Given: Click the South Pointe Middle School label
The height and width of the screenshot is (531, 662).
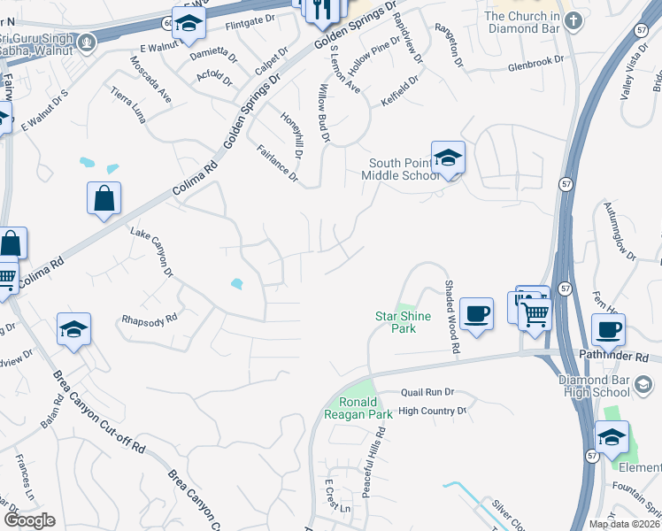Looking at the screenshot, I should coord(404,169).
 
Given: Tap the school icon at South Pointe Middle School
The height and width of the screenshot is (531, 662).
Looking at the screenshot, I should coord(448,158).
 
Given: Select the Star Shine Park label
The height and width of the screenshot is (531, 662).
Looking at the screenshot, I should coord(403,322).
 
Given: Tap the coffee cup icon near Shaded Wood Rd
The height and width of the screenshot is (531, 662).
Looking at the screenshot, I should coord(476,313).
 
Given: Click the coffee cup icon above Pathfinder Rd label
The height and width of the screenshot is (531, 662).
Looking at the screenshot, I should coord(608,330).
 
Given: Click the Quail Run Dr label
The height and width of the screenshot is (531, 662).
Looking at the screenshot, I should coord(427,392).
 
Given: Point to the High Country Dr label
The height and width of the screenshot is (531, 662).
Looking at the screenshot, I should coord(432,411).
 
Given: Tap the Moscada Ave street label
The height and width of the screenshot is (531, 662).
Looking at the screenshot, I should coord(150,82).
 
